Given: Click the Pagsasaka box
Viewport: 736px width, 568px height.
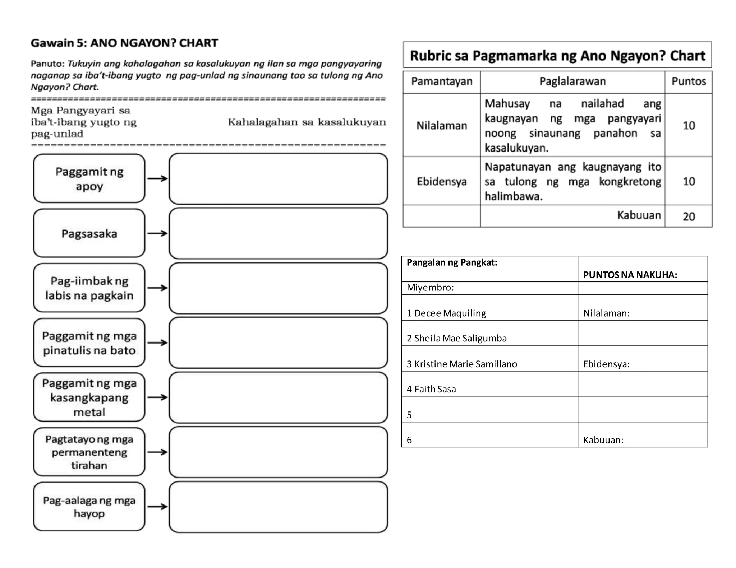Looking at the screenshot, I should pos(89,233).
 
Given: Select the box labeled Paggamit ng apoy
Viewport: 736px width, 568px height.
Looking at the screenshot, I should pos(89,179).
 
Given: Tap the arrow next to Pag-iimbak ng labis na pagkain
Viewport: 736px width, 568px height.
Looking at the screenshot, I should pos(157,288).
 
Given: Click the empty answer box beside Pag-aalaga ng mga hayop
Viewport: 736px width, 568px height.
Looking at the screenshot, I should pos(278,507).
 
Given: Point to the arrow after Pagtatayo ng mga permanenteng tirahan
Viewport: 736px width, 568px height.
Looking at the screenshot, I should pos(157,452).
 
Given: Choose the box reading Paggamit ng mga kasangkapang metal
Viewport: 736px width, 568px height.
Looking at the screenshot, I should pos(89,397).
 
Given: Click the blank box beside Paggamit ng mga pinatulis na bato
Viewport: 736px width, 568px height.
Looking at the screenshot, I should pos(278,343).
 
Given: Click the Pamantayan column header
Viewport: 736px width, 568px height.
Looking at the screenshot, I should pos(441,82).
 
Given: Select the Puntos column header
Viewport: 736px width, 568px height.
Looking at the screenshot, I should pos(688,82).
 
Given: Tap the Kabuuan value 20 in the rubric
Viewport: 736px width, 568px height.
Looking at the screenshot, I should pos(689,217).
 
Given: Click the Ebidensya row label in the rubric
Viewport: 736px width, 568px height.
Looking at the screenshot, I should pos(441,181).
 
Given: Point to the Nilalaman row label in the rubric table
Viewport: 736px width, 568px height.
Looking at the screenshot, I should pos(441,126).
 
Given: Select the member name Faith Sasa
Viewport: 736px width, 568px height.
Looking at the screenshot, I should pos(431,389).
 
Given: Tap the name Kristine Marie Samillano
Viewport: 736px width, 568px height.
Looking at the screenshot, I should pos(462,364).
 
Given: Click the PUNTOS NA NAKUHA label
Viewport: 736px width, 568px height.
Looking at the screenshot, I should pos(630,275).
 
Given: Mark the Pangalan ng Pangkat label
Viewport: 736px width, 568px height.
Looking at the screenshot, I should pos(452,262).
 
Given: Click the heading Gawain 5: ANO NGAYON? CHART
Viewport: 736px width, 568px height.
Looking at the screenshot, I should pos(124,43).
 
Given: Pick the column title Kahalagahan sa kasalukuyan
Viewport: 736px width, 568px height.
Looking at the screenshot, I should pos(307,122).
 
